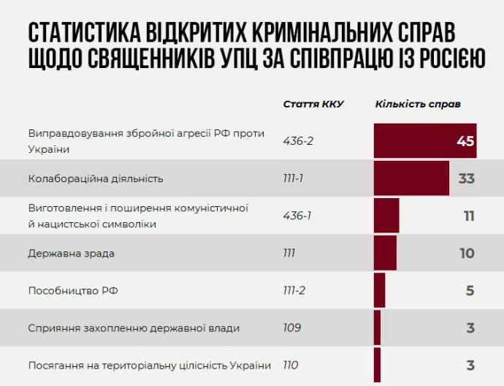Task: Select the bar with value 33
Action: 411,178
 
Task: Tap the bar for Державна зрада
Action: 385,253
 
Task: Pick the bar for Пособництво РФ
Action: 379,290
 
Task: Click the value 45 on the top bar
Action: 465,141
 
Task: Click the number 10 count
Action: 467,253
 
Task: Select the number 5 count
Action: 470,290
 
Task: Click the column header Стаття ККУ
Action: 313,104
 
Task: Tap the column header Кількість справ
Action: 418,104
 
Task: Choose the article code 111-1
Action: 294,178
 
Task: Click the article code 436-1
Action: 297,216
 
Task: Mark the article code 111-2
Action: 294,290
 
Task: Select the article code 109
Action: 292,328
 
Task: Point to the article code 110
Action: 291,365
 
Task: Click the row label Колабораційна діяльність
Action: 96,178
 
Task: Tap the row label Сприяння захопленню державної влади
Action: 134,328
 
